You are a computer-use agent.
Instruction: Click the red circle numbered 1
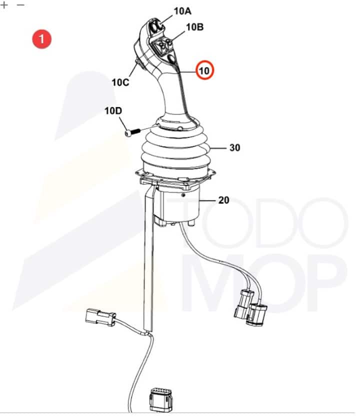[41, 39]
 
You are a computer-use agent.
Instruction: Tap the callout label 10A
[182, 11]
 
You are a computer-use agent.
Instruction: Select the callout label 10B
[194, 27]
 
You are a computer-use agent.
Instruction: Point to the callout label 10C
[120, 82]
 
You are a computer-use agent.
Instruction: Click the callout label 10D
[113, 110]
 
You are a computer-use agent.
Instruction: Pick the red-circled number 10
[204, 70]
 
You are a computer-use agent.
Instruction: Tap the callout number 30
[235, 147]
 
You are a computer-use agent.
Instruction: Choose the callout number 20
[223, 200]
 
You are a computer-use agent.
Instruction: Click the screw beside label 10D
[132, 132]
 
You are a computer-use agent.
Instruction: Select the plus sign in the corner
[4, 4]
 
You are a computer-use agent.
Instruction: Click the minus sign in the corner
[20, 5]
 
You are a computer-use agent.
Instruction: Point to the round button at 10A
[155, 26]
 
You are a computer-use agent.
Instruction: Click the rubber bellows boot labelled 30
[175, 151]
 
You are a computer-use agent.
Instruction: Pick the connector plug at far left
[100, 317]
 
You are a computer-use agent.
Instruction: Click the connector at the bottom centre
[161, 400]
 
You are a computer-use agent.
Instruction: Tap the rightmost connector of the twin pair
[256, 314]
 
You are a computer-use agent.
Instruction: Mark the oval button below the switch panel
[172, 59]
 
